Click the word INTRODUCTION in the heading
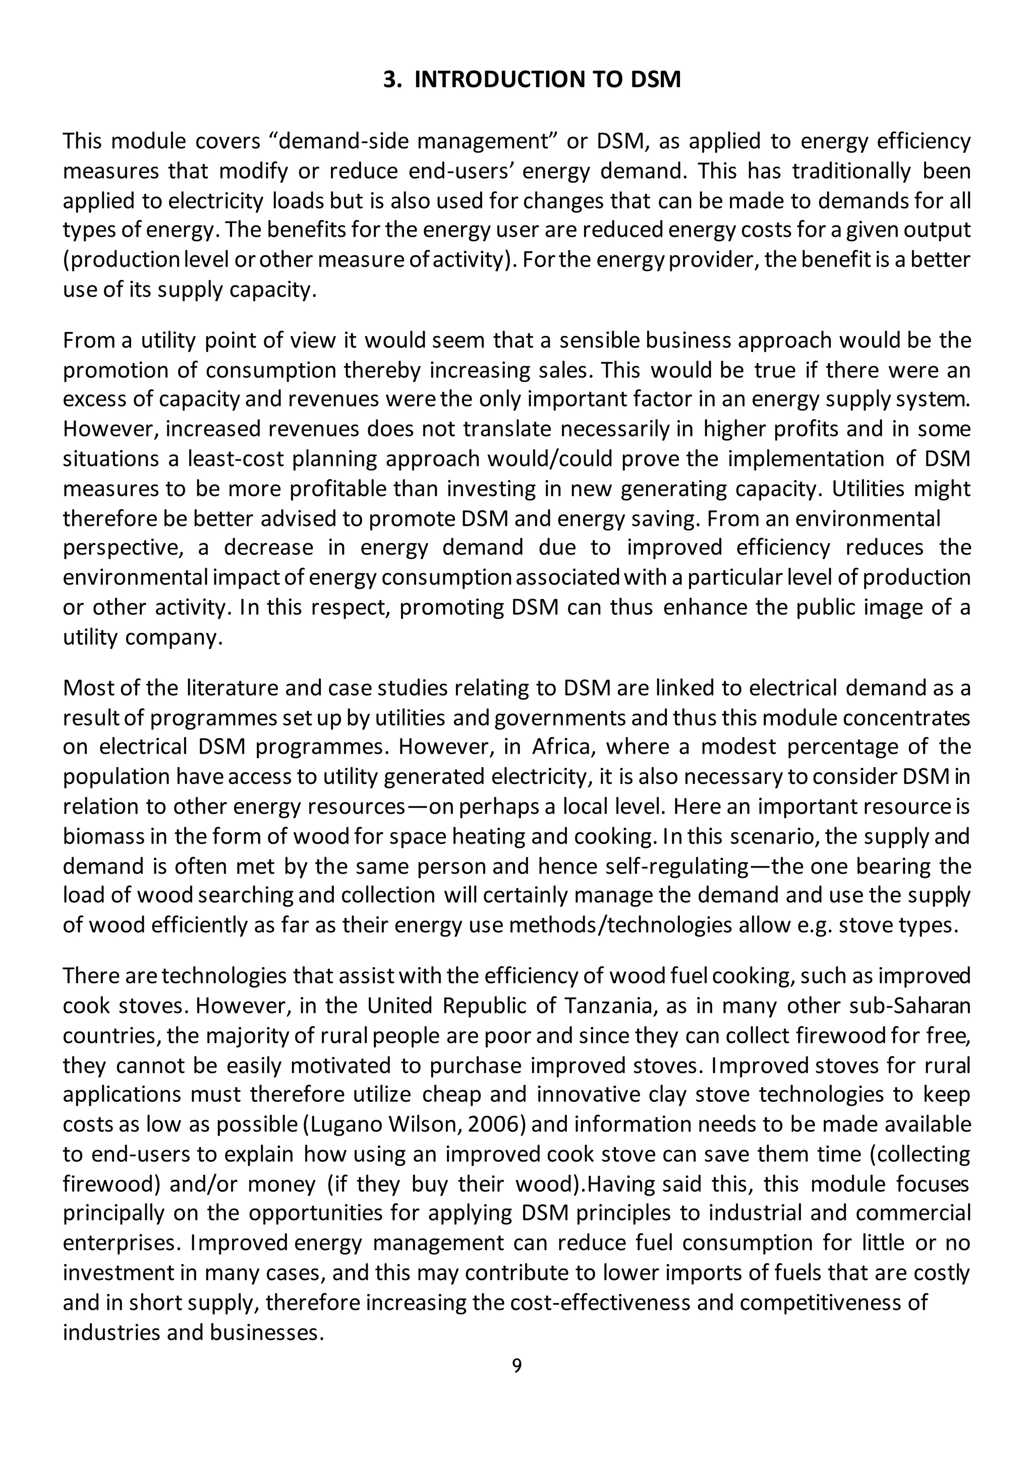(515, 80)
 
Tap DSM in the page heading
(655, 80)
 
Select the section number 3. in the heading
(392, 80)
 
